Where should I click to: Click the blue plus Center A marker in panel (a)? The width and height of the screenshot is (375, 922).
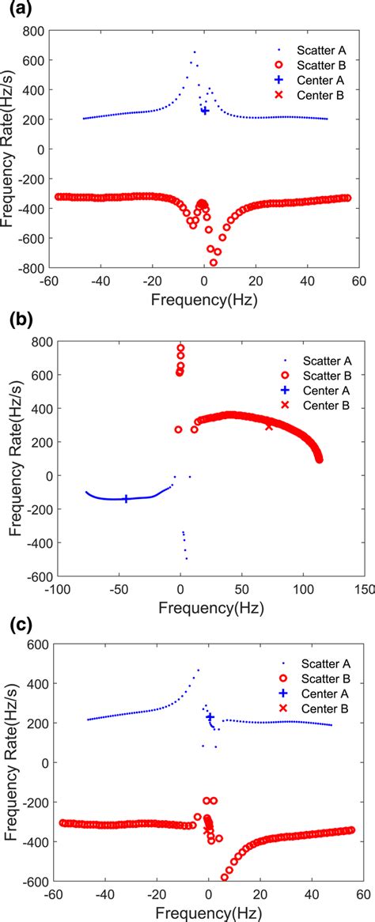[205, 111]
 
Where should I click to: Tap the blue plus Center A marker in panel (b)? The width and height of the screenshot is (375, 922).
[126, 499]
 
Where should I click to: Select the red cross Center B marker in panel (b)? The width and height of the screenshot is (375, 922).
[269, 426]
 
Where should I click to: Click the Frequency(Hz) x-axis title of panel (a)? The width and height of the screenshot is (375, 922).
[205, 300]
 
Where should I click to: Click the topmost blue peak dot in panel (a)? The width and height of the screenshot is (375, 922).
[195, 52]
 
